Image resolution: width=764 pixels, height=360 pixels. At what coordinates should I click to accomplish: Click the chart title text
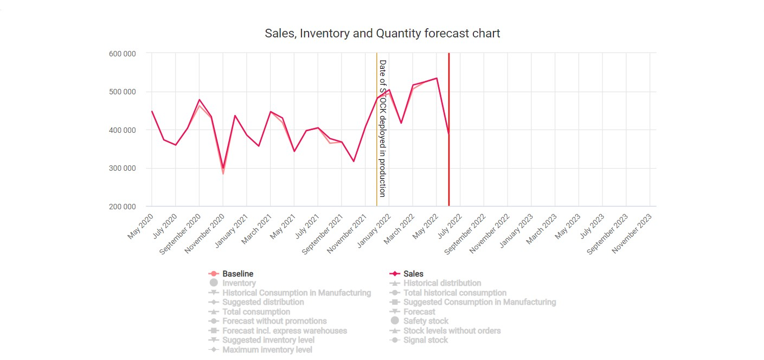pos(382,34)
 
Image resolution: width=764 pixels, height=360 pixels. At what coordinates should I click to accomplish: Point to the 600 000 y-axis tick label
pos(121,54)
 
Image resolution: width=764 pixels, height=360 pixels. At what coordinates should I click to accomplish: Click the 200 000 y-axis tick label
pos(121,207)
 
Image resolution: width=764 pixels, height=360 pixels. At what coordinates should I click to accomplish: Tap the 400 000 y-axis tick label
pos(121,130)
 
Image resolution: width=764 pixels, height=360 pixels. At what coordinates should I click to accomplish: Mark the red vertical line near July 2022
pos(449,163)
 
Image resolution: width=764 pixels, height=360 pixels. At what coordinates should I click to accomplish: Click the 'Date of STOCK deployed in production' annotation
pos(382,128)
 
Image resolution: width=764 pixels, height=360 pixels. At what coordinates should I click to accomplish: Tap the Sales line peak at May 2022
pos(436,78)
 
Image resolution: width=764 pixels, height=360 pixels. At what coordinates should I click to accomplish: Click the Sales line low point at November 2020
pos(223,168)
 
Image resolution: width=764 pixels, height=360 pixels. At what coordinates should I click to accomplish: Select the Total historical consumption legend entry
pos(454,293)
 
